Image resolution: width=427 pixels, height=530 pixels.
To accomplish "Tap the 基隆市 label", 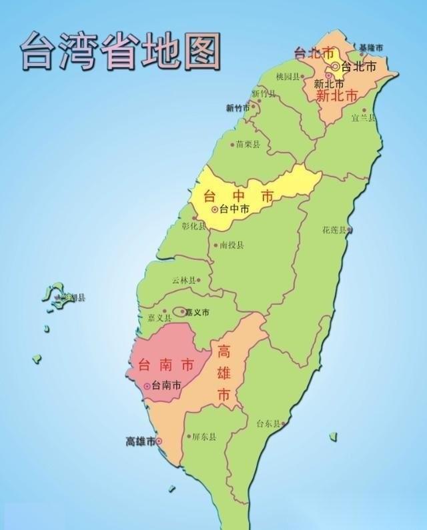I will click(372, 48).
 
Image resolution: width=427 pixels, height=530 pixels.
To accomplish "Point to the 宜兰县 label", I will click(363, 118).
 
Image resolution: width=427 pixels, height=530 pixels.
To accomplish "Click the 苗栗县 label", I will click(248, 144).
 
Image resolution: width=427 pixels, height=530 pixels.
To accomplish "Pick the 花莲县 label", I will click(334, 230).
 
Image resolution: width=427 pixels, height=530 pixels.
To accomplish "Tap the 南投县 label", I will click(232, 245).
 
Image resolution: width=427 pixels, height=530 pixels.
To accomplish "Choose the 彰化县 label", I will click(195, 226).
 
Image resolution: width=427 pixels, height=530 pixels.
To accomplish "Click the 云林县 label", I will click(184, 281).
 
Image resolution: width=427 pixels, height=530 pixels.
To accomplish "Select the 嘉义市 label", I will click(197, 312).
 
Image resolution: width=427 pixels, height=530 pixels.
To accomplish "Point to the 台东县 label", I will click(270, 423).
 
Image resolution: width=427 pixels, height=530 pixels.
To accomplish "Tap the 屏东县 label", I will click(204, 438).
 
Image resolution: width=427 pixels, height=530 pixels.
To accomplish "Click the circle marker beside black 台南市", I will click(146, 386).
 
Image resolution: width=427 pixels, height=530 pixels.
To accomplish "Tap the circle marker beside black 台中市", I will click(215, 209).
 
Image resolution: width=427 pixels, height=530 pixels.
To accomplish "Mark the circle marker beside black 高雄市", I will click(159, 441).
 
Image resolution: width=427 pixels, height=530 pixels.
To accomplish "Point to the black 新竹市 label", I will click(238, 108).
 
